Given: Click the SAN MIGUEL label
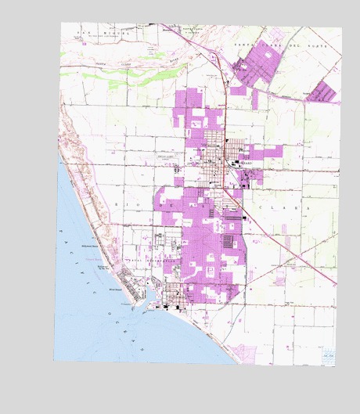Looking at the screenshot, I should tap(94, 32).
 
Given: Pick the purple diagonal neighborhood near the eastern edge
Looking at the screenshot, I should tap(323, 92).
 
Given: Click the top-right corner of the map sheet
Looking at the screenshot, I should tap(341, 29).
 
